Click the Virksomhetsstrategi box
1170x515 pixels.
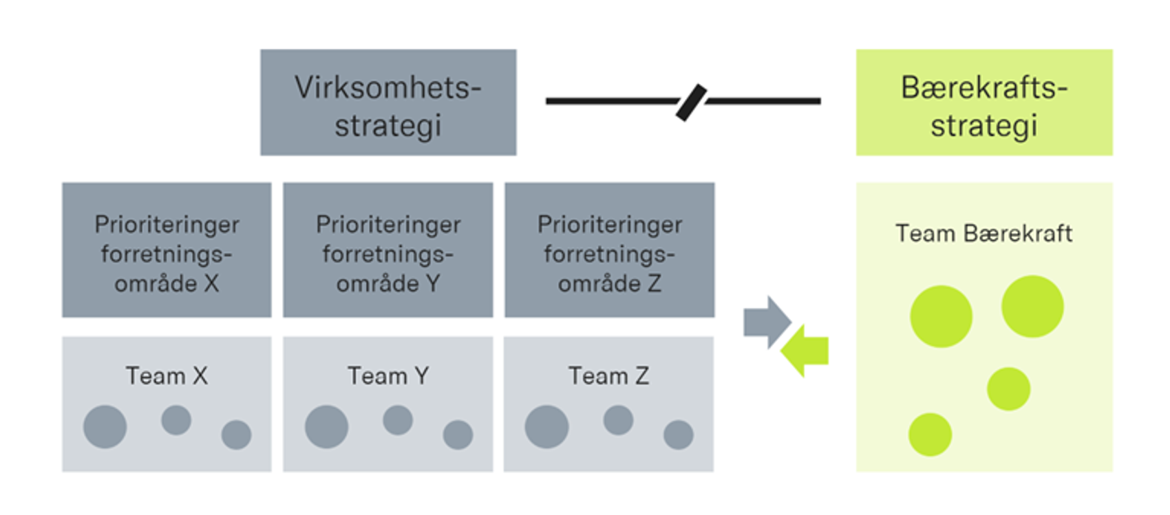click(x=388, y=102)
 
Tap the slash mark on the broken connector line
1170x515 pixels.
click(x=691, y=102)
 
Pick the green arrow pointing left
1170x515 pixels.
click(x=805, y=351)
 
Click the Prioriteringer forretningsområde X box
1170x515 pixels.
click(x=167, y=250)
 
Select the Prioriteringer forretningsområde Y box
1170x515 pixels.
click(x=388, y=250)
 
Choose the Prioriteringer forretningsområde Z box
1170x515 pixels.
click(x=610, y=250)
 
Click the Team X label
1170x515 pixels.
click(x=167, y=376)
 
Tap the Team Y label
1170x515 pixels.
click(x=388, y=376)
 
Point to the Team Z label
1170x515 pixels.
click(x=608, y=376)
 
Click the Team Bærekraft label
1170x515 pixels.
click(x=983, y=234)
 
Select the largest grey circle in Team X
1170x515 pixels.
click(x=105, y=427)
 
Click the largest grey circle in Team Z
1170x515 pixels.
click(x=546, y=427)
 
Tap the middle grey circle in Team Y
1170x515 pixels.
click(x=398, y=420)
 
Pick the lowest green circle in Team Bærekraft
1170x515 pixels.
click(x=930, y=435)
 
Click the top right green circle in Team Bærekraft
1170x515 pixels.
click(x=1032, y=307)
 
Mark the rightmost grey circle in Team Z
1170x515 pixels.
click(x=679, y=435)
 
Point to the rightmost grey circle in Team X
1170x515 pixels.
click(x=236, y=435)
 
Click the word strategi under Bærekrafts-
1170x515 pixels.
click(x=983, y=127)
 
